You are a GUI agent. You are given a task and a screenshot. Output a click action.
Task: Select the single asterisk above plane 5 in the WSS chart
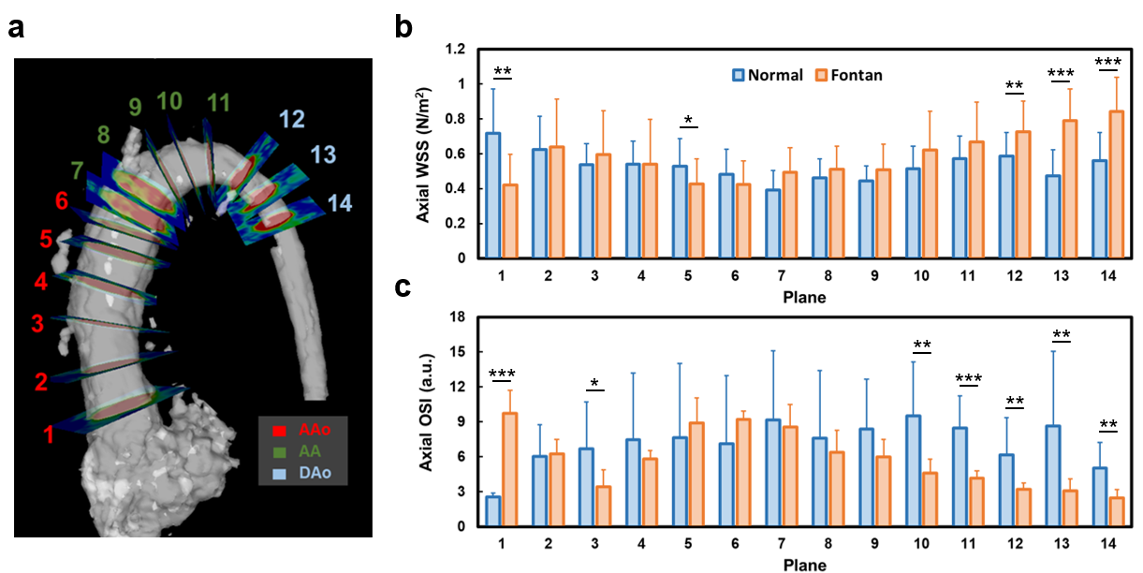689,121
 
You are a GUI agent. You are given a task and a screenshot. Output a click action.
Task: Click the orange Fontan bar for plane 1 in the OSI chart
510,469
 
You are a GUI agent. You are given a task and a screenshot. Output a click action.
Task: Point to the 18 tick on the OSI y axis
459,317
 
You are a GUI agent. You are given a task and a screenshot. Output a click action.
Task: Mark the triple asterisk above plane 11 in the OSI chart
969,379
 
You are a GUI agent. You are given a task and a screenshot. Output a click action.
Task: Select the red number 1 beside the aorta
49,433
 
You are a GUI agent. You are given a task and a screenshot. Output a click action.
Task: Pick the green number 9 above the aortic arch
136,106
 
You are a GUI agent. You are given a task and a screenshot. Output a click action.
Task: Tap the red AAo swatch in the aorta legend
278,432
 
